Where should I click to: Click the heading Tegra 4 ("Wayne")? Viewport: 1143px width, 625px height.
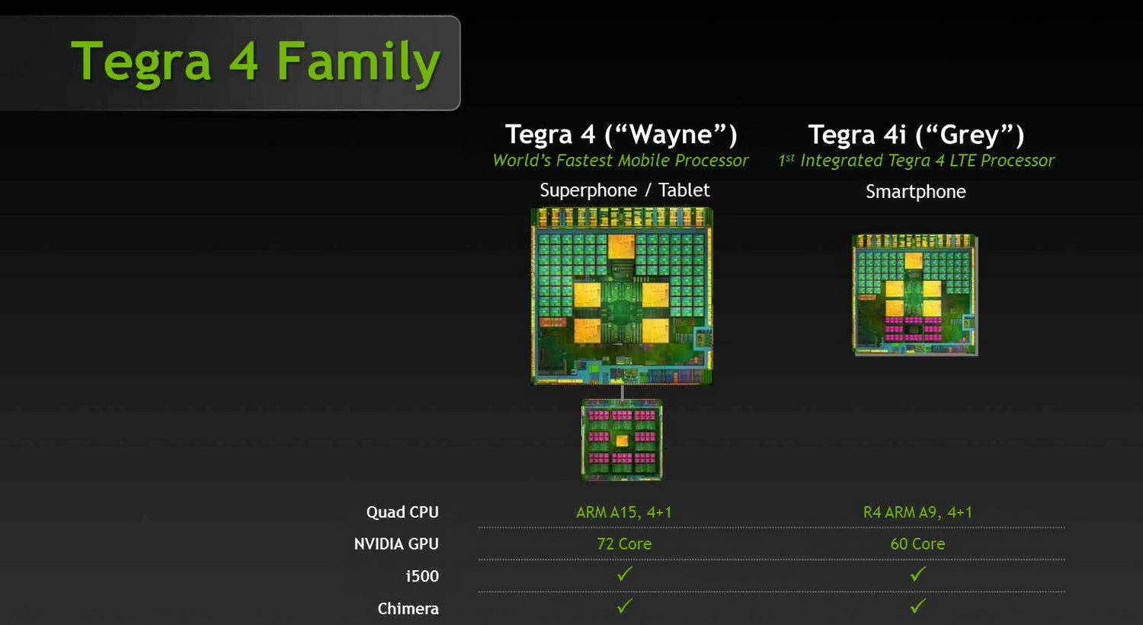click(x=621, y=135)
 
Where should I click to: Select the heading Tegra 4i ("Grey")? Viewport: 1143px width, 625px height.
click(x=916, y=135)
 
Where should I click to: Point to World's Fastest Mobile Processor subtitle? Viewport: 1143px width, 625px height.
click(x=620, y=161)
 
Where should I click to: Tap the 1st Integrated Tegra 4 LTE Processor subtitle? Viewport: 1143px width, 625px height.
click(x=916, y=161)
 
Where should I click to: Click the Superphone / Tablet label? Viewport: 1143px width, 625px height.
click(x=624, y=190)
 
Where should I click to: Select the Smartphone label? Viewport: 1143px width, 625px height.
click(x=915, y=192)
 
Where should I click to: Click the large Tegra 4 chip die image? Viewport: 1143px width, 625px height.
click(x=622, y=295)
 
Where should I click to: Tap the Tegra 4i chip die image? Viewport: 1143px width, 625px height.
click(x=914, y=295)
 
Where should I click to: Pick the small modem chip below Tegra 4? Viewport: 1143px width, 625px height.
click(x=622, y=440)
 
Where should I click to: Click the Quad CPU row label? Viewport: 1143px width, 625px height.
click(x=402, y=512)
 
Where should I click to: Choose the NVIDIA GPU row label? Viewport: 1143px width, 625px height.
click(x=396, y=544)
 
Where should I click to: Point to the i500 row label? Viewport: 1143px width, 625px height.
click(x=422, y=576)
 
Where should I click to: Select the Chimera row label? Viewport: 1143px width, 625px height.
click(x=408, y=609)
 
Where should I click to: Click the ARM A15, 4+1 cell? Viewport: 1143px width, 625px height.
click(x=624, y=512)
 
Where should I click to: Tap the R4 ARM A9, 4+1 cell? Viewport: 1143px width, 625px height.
click(x=917, y=512)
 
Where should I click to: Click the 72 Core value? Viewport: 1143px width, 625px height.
click(x=624, y=544)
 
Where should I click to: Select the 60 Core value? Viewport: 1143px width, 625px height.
click(x=917, y=544)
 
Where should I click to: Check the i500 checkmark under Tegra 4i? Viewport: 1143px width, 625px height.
click(x=918, y=574)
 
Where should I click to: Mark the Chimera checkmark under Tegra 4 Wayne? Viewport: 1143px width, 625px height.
click(x=625, y=606)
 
